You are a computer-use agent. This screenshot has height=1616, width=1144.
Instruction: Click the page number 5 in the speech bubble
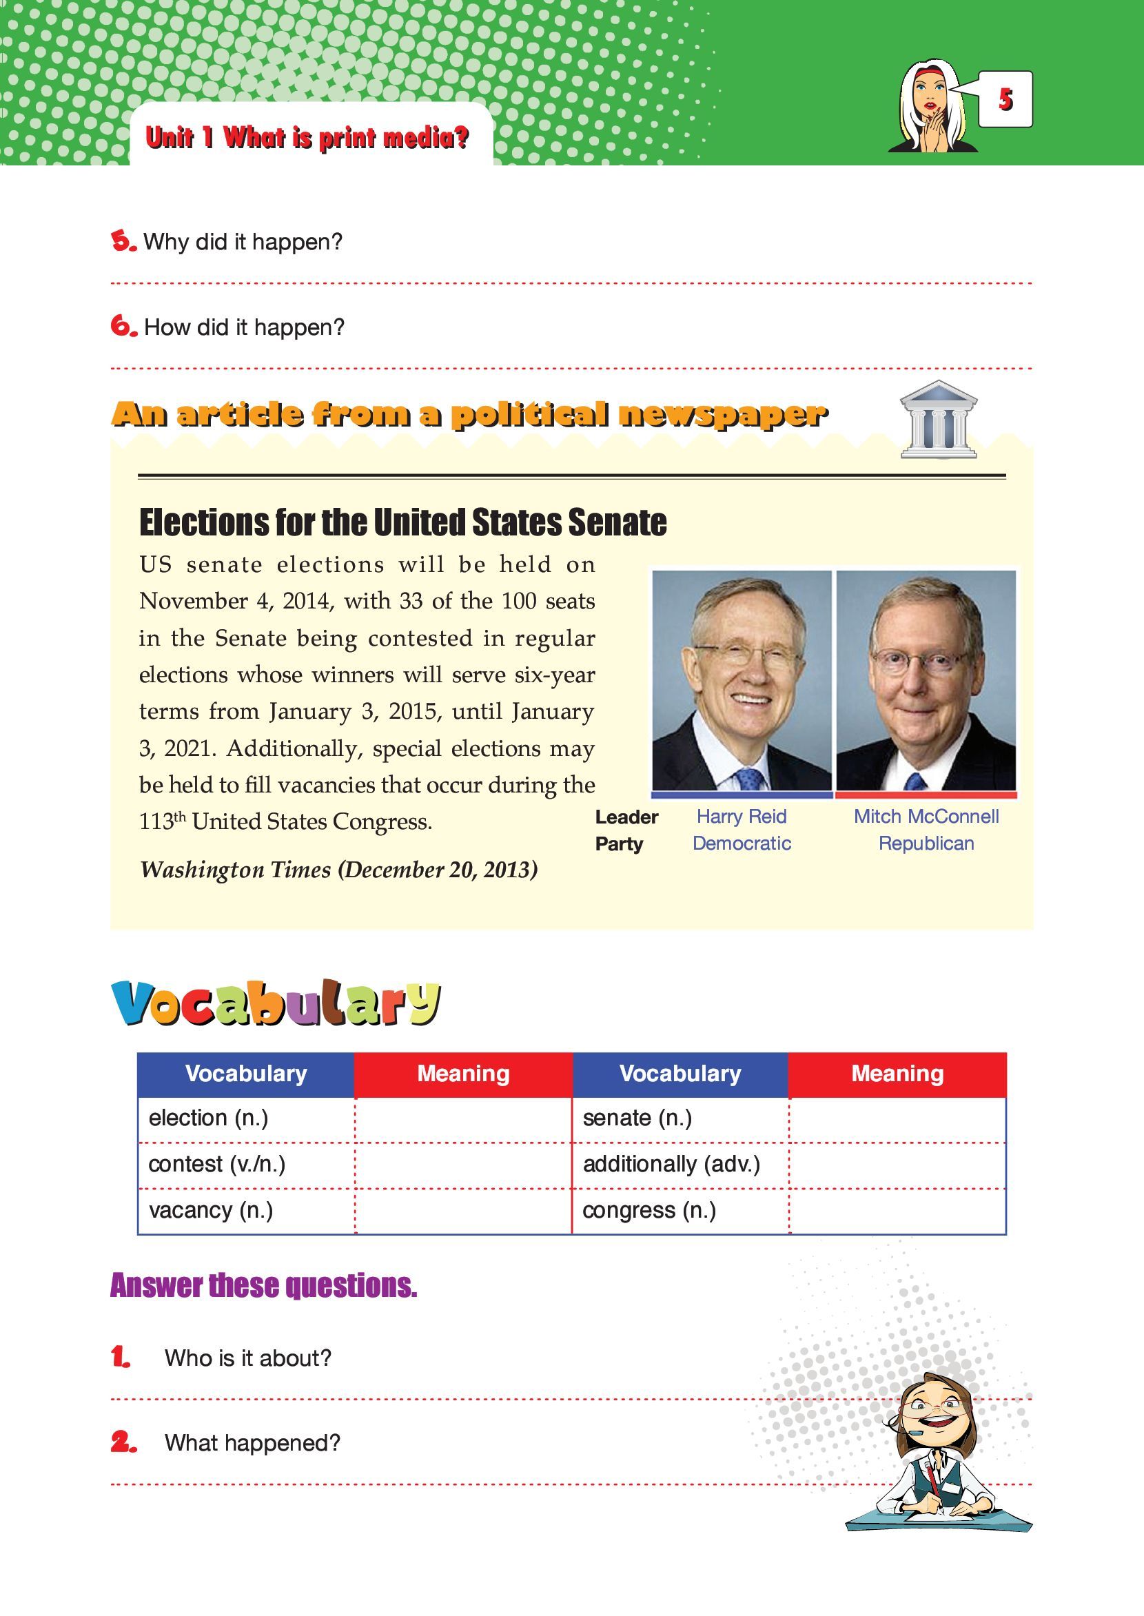1005,100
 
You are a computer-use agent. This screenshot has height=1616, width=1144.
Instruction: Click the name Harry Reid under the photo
741,817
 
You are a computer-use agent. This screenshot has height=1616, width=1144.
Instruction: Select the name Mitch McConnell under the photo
926,817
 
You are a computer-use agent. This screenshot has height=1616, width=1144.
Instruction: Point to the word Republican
926,843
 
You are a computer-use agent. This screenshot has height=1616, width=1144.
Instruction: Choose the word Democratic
741,843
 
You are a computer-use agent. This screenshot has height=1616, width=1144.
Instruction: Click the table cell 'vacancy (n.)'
211,1210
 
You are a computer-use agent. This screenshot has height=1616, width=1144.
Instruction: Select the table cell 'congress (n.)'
648,1210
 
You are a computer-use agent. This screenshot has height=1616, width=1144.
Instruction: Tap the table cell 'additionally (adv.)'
671,1164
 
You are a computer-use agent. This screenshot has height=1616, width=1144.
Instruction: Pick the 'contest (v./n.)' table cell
217,1164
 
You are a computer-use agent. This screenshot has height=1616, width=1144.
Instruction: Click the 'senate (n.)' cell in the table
637,1118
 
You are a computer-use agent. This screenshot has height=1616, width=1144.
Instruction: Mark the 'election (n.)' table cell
209,1118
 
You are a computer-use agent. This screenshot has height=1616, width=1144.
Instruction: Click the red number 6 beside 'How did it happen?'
123,326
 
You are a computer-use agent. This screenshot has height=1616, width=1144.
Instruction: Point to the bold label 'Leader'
626,817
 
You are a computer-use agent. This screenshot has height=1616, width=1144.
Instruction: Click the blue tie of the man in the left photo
750,779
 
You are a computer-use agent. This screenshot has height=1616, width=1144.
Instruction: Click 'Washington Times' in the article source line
235,870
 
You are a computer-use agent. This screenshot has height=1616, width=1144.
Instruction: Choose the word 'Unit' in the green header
169,137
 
